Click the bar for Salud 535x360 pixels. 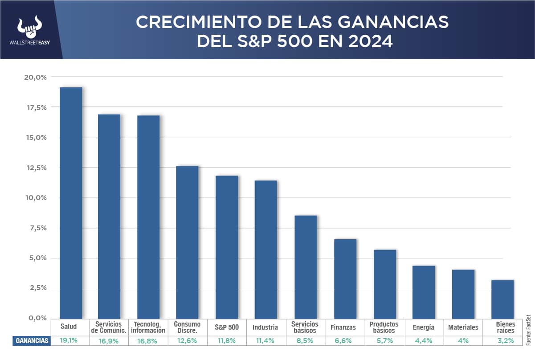[x=71, y=203]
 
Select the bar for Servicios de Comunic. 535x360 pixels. [x=109, y=216]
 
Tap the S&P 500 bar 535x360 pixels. [x=227, y=247]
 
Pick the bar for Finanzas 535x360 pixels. [x=345, y=278]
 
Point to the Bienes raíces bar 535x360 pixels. [x=502, y=299]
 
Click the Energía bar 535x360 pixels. [x=424, y=292]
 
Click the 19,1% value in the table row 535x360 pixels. [x=69, y=341]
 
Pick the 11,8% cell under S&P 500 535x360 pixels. [x=227, y=341]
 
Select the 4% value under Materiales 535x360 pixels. [x=463, y=341]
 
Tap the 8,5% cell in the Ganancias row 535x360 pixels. [x=306, y=341]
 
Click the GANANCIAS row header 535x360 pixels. [x=32, y=341]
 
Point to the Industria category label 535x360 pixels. [x=265, y=327]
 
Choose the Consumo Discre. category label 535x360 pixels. [x=187, y=327]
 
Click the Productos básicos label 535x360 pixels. [x=384, y=327]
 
